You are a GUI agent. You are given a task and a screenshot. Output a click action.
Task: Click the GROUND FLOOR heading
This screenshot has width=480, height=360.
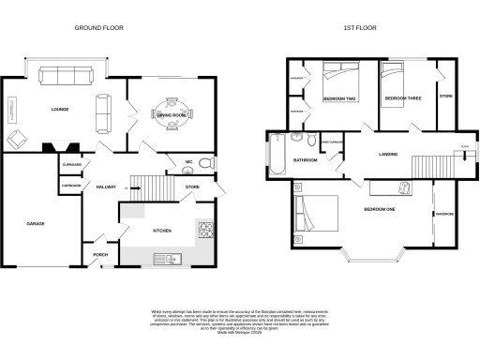point(100,29)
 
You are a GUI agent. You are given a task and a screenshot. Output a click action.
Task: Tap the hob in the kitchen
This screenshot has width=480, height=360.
point(208,231)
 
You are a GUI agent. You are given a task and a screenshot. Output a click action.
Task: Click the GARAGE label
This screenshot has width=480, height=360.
point(36,224)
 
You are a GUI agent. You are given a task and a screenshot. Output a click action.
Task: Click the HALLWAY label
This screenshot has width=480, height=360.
point(106,187)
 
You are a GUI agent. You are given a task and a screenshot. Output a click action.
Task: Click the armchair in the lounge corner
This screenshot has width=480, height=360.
point(18,140)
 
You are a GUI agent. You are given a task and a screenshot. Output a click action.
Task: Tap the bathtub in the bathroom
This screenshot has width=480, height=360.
point(278,156)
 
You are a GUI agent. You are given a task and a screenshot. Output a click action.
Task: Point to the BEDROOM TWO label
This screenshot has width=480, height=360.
point(337,97)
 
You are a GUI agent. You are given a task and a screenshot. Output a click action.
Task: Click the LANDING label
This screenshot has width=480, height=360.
point(389,153)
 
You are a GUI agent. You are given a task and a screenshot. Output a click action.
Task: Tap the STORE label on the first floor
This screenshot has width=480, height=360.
point(446,97)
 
